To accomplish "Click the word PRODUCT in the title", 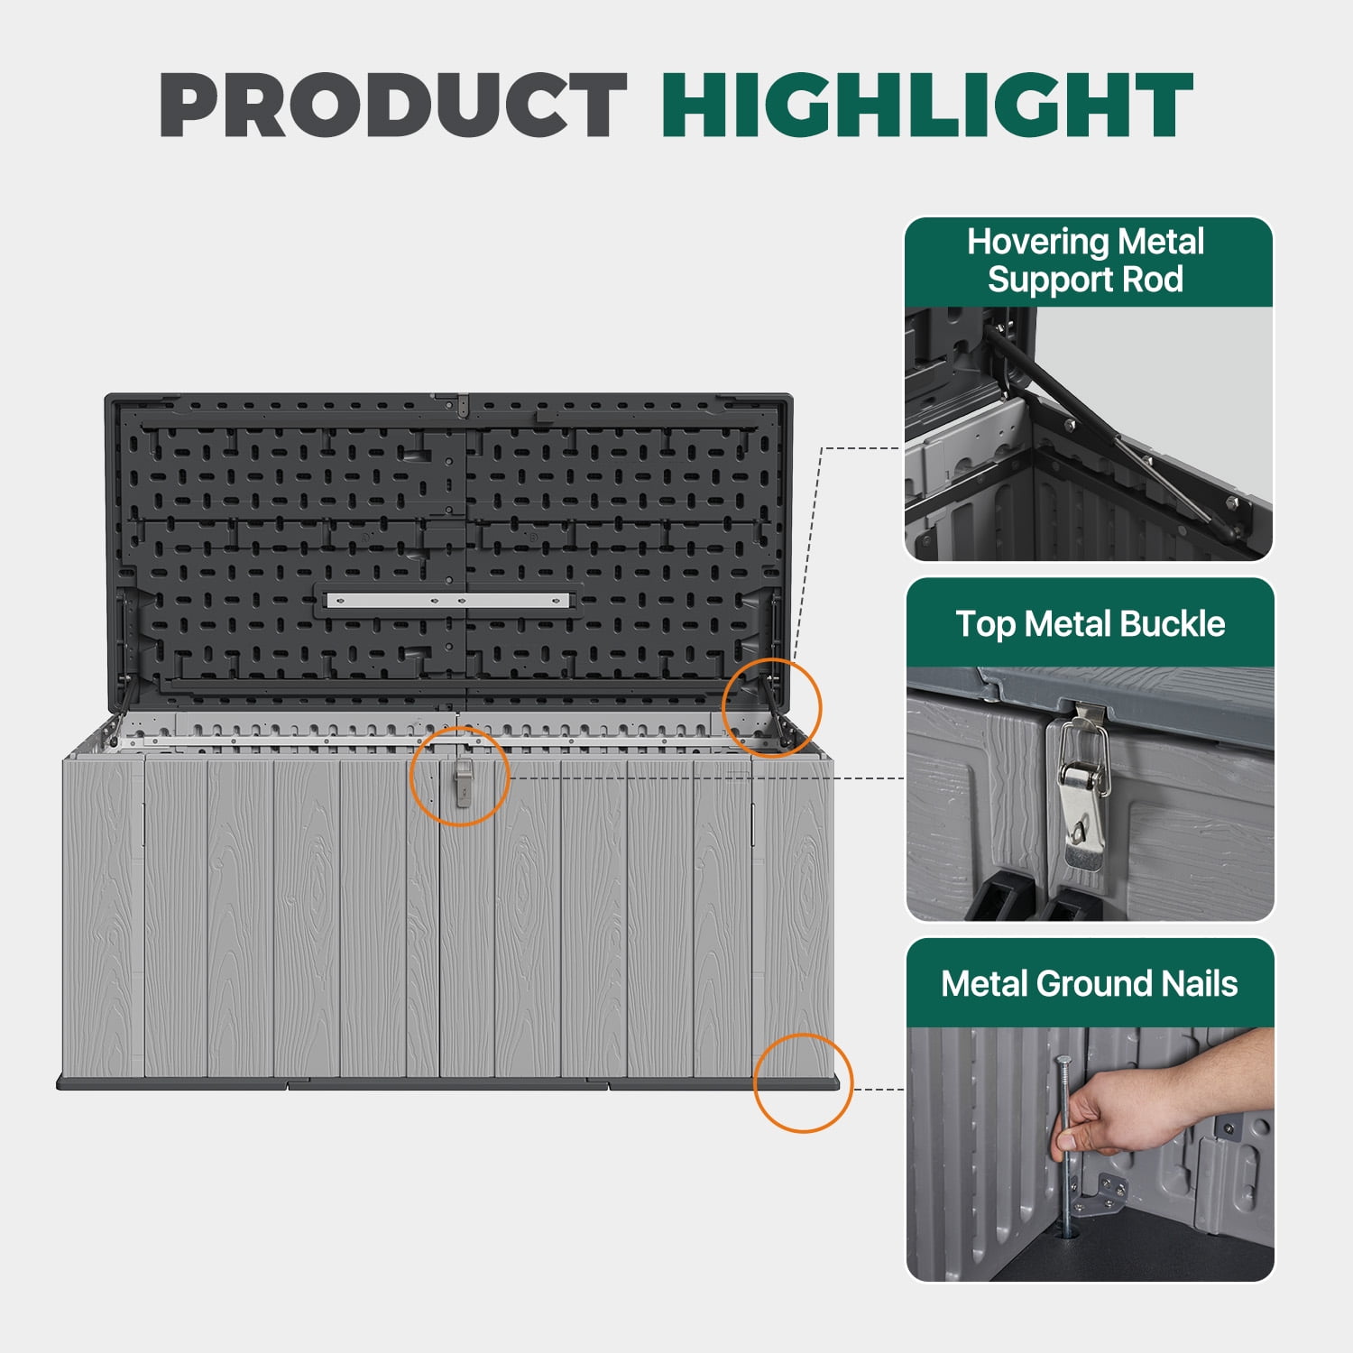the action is coord(393,105).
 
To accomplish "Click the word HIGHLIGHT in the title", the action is coord(927,105).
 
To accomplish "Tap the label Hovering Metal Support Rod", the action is coord(1085,261).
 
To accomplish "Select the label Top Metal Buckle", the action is coord(1090,624).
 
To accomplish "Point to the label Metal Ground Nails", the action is coord(1089,983).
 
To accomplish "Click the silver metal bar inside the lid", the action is coord(447,600).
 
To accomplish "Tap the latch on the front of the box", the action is coord(462,781).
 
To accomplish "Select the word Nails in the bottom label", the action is coord(1199,983).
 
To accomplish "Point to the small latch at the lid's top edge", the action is coord(462,406).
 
